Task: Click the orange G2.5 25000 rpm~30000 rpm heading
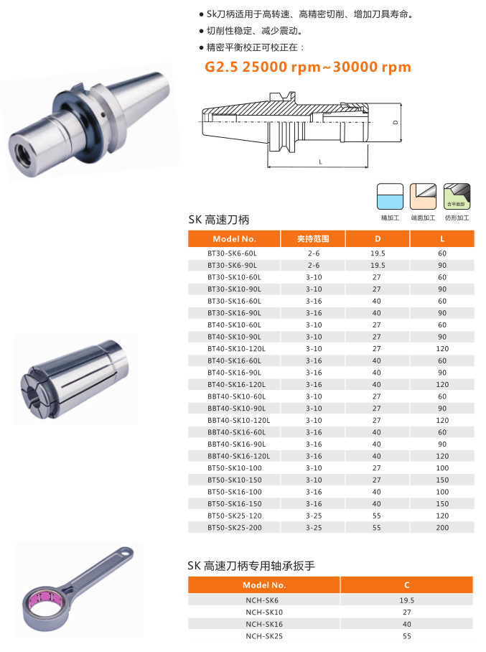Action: pos(308,67)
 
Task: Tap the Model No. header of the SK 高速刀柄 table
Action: pos(234,239)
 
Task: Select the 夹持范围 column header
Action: pos(313,239)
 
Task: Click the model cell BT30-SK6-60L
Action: pos(232,253)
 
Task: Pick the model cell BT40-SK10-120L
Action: pos(236,349)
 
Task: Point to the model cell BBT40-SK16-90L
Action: pos(237,444)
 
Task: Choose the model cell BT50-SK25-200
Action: pos(235,528)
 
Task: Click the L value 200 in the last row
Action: pos(442,528)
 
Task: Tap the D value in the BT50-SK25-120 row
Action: pos(377,516)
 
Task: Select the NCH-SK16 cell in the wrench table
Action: pos(264,624)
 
